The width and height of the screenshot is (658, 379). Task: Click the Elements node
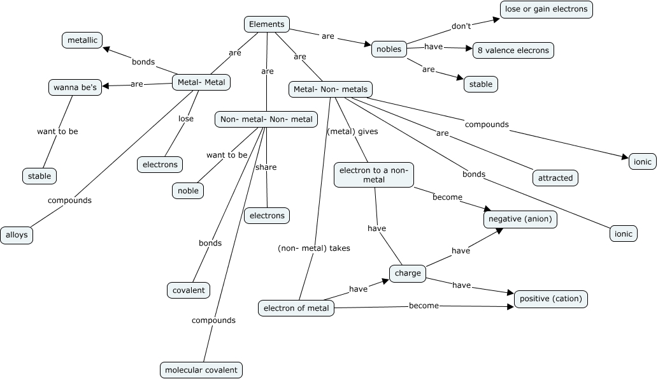coord(267,24)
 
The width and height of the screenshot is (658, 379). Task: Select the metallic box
coord(82,40)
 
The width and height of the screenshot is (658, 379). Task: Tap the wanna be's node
coord(75,87)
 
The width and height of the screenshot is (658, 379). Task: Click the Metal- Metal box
coord(201,82)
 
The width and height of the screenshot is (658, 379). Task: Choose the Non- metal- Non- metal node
coord(266,119)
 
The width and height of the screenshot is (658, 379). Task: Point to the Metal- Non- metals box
coord(331,89)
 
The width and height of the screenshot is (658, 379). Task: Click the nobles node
coord(389,49)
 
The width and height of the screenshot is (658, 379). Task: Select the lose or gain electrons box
coord(547,10)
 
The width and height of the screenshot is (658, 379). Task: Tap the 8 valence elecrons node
coord(513,50)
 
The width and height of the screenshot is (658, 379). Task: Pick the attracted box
coord(555,178)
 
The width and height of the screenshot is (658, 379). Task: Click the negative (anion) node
coord(520,219)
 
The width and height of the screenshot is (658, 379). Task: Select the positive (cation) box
coord(550,299)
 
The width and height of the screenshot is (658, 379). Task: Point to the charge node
coord(408,273)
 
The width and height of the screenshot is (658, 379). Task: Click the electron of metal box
coord(296,308)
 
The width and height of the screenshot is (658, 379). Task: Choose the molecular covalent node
coord(201,369)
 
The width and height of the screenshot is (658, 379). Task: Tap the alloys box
coord(17,235)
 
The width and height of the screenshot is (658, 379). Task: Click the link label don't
coord(461,26)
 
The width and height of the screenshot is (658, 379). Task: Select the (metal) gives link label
coord(352,131)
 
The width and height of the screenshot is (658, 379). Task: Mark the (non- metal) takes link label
coord(314,248)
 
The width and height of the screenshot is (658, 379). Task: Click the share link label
coord(266,167)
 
